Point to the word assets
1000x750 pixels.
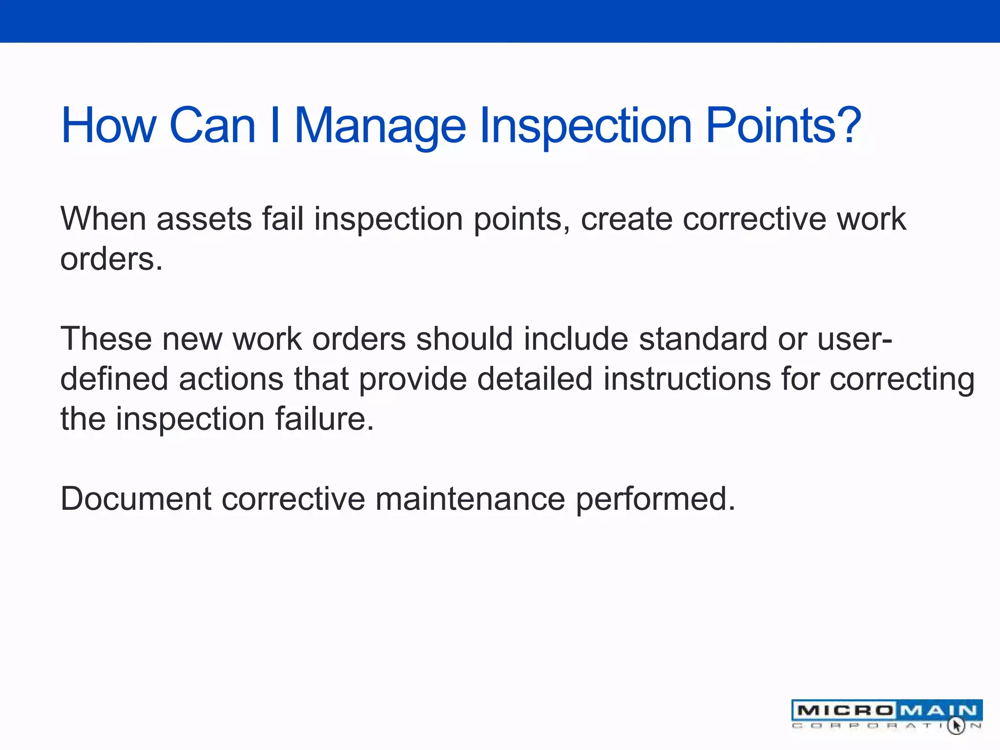pyautogui.click(x=204, y=219)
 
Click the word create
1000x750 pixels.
pyautogui.click(x=625, y=219)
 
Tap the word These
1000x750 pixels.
pyautogui.click(x=105, y=338)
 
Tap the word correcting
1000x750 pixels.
pyautogui.click(x=902, y=379)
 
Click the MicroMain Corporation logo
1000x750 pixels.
pyautogui.click(x=886, y=714)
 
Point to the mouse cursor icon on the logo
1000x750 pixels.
pyautogui.click(x=956, y=725)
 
